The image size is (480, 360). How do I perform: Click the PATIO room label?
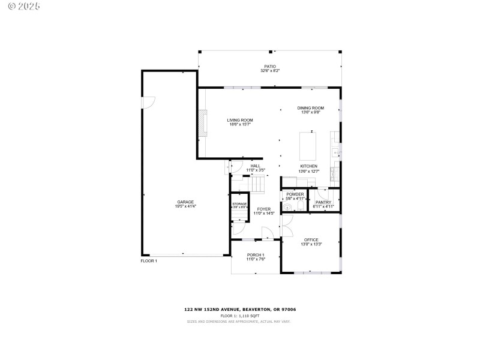coord(270,67)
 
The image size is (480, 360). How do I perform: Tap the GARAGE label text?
coord(185,202)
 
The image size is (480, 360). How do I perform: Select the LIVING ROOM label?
coord(239,120)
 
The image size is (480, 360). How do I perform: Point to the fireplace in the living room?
coord(203,124)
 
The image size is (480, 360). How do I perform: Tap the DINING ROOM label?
coord(310,108)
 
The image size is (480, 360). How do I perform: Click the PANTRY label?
coord(323,202)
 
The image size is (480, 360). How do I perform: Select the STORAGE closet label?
coord(239,204)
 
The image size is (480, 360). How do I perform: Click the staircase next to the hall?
coord(258,183)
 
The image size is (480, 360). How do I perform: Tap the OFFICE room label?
coord(311,239)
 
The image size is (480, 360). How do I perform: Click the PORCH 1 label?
coord(256,255)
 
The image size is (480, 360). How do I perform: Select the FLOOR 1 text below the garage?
coord(149,261)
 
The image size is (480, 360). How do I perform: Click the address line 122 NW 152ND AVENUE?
coord(239,310)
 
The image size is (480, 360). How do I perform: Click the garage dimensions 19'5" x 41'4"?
coord(185,206)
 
